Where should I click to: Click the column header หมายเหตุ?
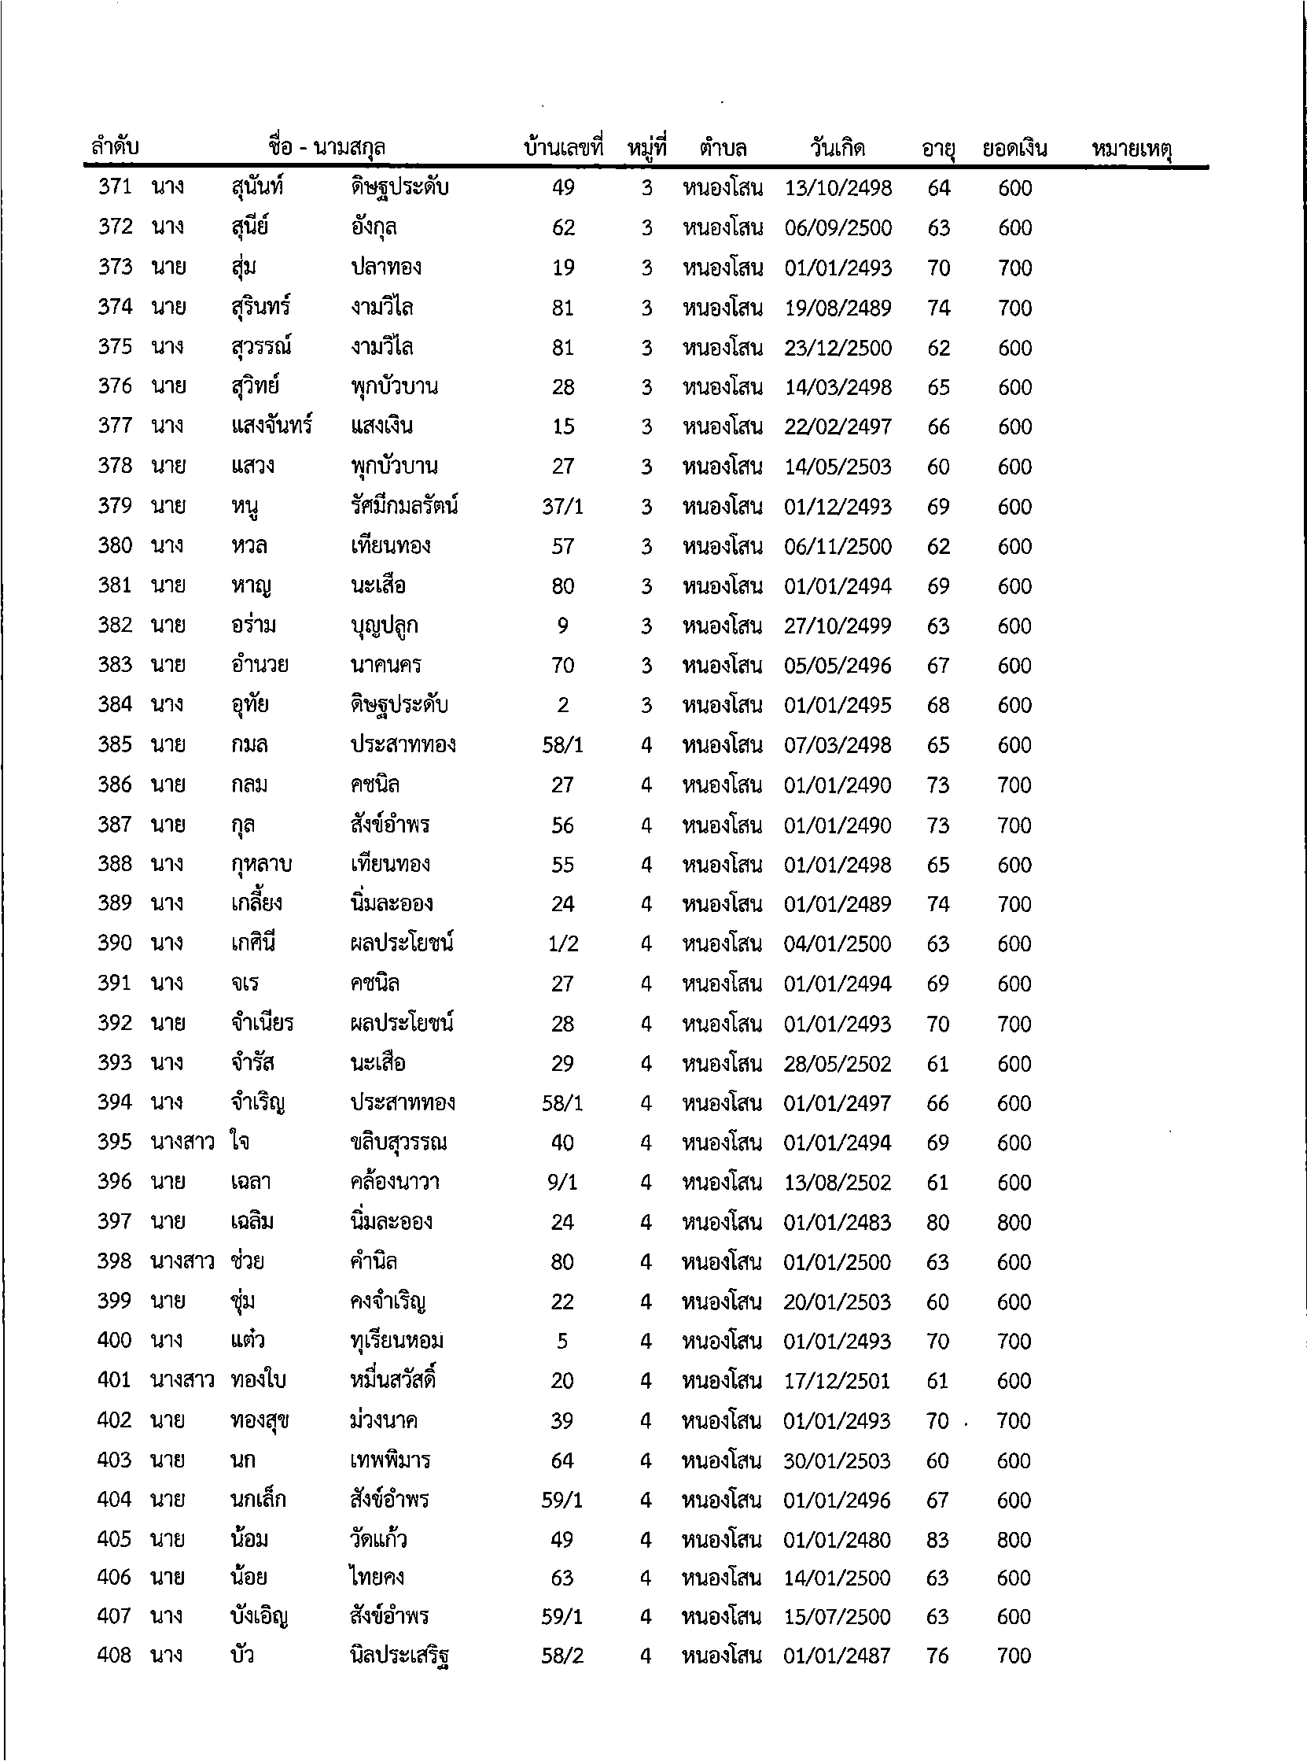click(1132, 149)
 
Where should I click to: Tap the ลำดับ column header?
click(115, 148)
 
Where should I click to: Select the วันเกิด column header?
click(837, 148)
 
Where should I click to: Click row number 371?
click(115, 187)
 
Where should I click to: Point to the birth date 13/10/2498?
click(838, 188)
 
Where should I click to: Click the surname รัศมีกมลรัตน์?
click(403, 506)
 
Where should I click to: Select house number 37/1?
click(562, 507)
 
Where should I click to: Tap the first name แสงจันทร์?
click(271, 426)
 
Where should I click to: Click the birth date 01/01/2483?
click(837, 1222)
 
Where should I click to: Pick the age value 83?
click(937, 1539)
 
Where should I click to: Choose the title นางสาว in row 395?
click(182, 1142)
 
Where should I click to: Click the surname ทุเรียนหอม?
click(396, 1341)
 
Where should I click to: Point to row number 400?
click(114, 1340)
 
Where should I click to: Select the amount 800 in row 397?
click(1014, 1222)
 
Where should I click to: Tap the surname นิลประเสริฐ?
click(400, 1656)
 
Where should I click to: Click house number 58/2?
click(561, 1656)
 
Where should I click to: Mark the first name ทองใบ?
click(258, 1380)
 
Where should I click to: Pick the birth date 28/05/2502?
click(837, 1064)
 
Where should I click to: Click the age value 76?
click(937, 1656)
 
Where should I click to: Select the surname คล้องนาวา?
click(394, 1182)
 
